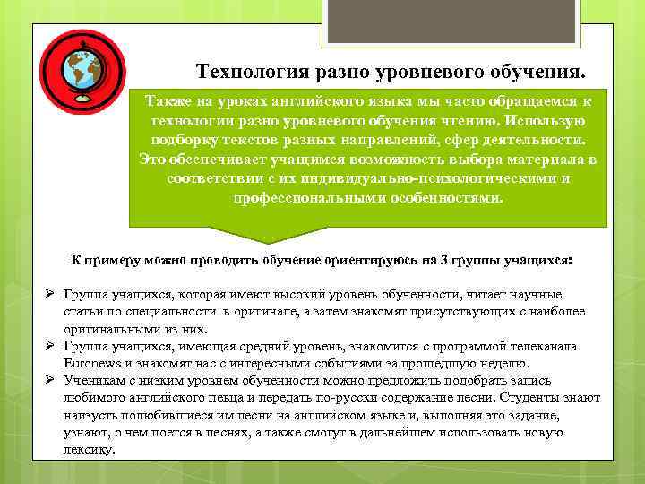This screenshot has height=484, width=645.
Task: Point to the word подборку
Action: point(191,140)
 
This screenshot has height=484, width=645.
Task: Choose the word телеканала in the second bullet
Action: point(544,346)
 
